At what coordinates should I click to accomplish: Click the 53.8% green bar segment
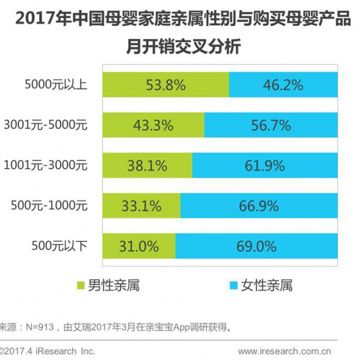(x=166, y=85)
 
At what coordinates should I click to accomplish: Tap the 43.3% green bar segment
(x=153, y=125)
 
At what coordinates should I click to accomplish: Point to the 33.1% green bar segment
(x=141, y=206)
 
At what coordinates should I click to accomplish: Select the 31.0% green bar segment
(x=139, y=246)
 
